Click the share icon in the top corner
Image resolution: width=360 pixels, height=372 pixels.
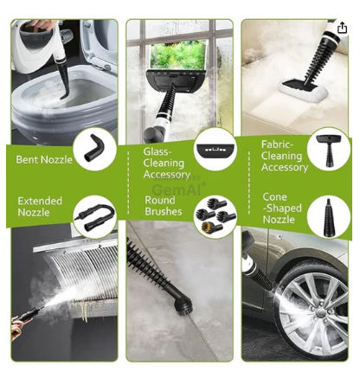[342, 28]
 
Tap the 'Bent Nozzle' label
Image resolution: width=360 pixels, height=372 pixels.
[44, 159]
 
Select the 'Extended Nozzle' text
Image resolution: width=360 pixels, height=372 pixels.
[40, 207]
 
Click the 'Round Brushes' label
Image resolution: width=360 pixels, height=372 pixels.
[164, 206]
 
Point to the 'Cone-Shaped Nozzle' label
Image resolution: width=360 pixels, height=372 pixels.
[282, 208]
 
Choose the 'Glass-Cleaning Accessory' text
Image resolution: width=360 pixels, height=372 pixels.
[166, 163]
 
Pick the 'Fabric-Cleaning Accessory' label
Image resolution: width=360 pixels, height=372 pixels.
[285, 156]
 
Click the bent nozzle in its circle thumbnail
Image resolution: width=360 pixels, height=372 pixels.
[94, 147]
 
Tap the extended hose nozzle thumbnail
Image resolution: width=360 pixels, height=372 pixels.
[94, 217]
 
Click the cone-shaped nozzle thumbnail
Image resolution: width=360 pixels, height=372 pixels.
[329, 217]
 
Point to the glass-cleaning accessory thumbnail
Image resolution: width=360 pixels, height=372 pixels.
[215, 149]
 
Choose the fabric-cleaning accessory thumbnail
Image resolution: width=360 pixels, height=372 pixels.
[329, 151]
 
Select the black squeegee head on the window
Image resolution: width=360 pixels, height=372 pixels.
[176, 80]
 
